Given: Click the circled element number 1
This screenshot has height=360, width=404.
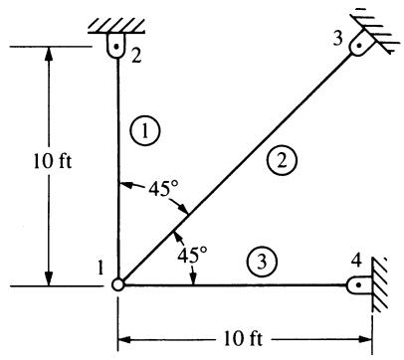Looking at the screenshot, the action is pyautogui.click(x=145, y=131).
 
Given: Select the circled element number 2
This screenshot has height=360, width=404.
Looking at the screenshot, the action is pyautogui.click(x=282, y=161).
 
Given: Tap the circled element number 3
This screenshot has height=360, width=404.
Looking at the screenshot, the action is pyautogui.click(x=262, y=262).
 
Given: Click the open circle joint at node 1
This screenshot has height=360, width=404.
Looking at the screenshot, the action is pyautogui.click(x=117, y=284).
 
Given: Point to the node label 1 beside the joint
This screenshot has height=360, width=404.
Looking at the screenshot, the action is pyautogui.click(x=101, y=269).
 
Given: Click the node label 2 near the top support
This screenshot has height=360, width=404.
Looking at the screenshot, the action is pyautogui.click(x=135, y=56).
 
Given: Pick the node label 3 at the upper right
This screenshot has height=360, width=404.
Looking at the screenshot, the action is pyautogui.click(x=338, y=39).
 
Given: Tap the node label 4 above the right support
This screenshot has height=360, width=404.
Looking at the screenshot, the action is pyautogui.click(x=356, y=262).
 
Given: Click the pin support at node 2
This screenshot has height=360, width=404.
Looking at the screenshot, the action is pyautogui.click(x=116, y=46).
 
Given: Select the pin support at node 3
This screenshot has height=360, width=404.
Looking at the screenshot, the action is pyautogui.click(x=359, y=46).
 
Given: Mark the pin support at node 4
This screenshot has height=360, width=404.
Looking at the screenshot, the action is pyautogui.click(x=358, y=284).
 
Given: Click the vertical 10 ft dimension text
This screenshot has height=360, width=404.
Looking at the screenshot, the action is pyautogui.click(x=53, y=162).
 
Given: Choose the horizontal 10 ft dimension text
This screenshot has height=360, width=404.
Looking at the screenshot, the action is pyautogui.click(x=243, y=339).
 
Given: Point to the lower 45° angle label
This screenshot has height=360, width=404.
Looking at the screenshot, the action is pyautogui.click(x=192, y=256).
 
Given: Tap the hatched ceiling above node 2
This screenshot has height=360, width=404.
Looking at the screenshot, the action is pyautogui.click(x=116, y=26).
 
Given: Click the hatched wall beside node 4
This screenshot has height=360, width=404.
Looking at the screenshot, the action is pyautogui.click(x=379, y=284).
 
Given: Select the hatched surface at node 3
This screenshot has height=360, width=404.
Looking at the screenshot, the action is pyautogui.click(x=376, y=32).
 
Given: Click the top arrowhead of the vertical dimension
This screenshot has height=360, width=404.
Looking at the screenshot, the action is pyautogui.click(x=49, y=54).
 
